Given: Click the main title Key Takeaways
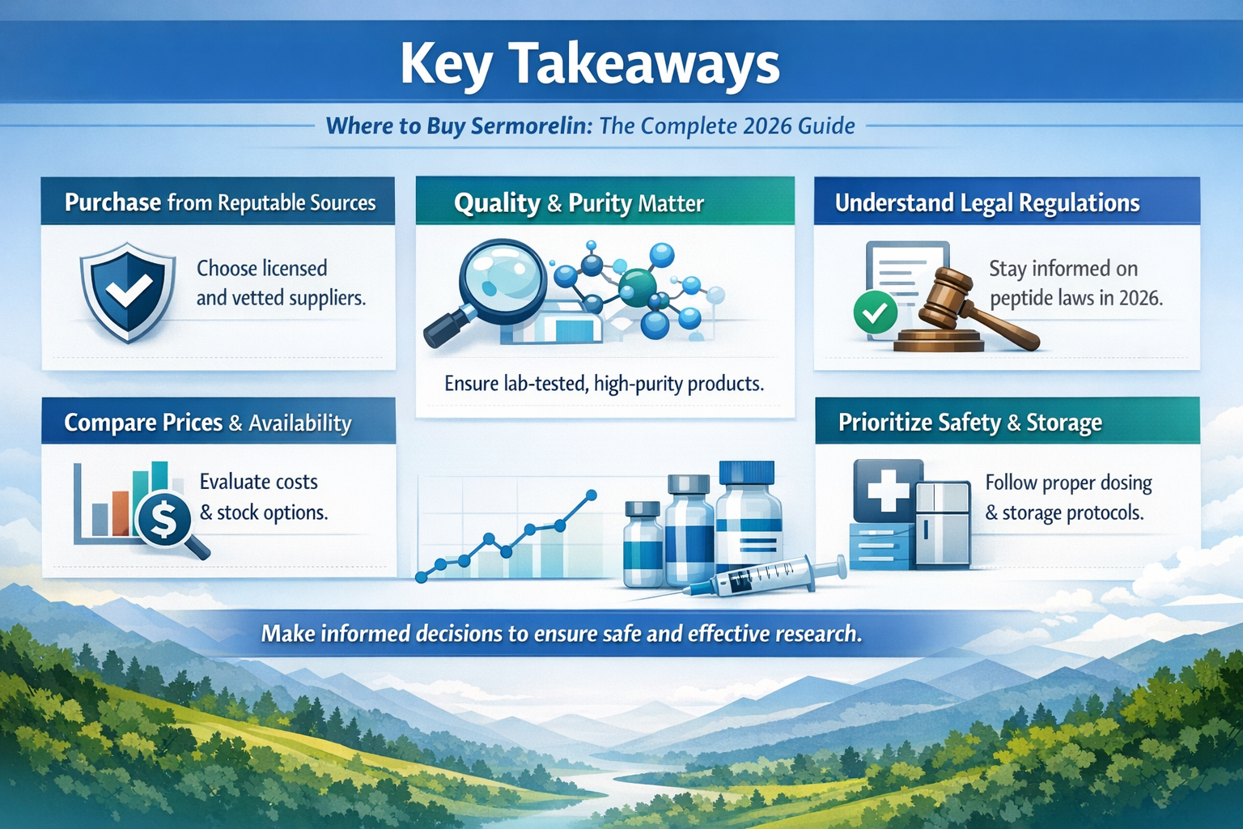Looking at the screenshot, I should coord(590,65).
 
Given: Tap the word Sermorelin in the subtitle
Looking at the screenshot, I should coord(531,126).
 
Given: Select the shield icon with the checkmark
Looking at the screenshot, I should coord(128,291).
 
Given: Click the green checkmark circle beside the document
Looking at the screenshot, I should coord(875,312).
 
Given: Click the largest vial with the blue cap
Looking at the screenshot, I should coord(749,518).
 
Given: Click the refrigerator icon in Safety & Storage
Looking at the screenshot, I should coord(942,522).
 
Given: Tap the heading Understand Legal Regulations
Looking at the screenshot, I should coord(987,202).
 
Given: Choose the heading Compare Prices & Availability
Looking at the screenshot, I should coord(208,423).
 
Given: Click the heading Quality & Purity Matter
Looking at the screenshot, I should coord(579,202).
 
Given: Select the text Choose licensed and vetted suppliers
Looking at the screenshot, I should coord(280,283).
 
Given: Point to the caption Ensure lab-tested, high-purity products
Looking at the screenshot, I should coord(604,383).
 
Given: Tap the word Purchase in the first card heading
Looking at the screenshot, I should coord(112,202).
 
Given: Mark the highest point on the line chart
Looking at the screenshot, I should coord(591,495).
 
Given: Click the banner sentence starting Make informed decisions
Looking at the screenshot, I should coord(561,633).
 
